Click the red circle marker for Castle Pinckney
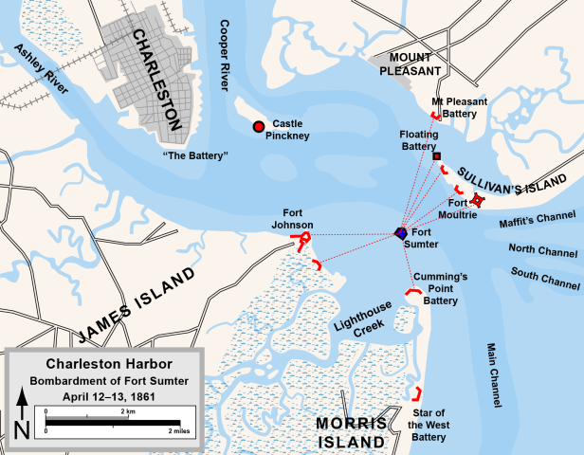click(258, 127)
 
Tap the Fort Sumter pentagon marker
click(401, 233)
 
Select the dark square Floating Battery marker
click(437, 155)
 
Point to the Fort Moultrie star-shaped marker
click(480, 200)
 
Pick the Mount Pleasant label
click(411, 64)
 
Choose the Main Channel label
click(494, 375)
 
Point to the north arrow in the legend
click(22, 413)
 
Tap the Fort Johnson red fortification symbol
click(302, 239)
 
